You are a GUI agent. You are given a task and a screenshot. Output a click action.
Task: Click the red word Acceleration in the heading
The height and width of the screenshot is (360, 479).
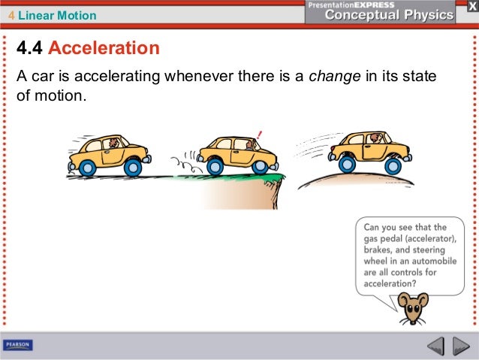[x=104, y=49]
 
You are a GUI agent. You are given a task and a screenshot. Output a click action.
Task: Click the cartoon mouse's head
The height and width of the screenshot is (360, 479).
[x=412, y=305]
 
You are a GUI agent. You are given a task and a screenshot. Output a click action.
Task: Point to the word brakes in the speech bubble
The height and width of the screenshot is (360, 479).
[x=381, y=251]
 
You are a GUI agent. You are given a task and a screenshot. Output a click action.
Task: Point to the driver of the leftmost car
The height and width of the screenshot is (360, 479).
[x=113, y=143]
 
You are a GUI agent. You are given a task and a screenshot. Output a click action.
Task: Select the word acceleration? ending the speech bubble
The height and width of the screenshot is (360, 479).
[x=390, y=284]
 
